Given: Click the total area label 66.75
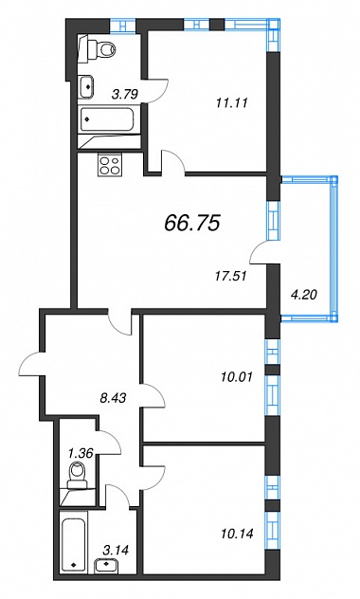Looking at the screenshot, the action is pyautogui.click(x=192, y=223).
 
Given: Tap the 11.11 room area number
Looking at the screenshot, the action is pyautogui.click(x=232, y=102).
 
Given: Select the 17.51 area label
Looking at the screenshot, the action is pyautogui.click(x=230, y=276).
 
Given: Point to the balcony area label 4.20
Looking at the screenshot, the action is pyautogui.click(x=303, y=295).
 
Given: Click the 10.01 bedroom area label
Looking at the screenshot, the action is pyautogui.click(x=237, y=377).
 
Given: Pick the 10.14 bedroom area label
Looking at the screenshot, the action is pyautogui.click(x=237, y=534).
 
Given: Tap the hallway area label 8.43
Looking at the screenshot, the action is pyautogui.click(x=113, y=398).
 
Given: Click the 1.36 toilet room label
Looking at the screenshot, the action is pyautogui.click(x=81, y=453).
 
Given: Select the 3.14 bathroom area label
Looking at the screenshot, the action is pyautogui.click(x=116, y=551).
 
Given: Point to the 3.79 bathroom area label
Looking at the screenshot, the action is pyautogui.click(x=124, y=94).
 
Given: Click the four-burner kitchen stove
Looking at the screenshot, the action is pyautogui.click(x=110, y=165).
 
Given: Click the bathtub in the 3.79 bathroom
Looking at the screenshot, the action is pyautogui.click(x=107, y=119).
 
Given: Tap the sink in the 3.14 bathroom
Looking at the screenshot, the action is pyautogui.click(x=104, y=565).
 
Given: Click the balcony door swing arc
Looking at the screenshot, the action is pyautogui.click(x=259, y=251).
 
